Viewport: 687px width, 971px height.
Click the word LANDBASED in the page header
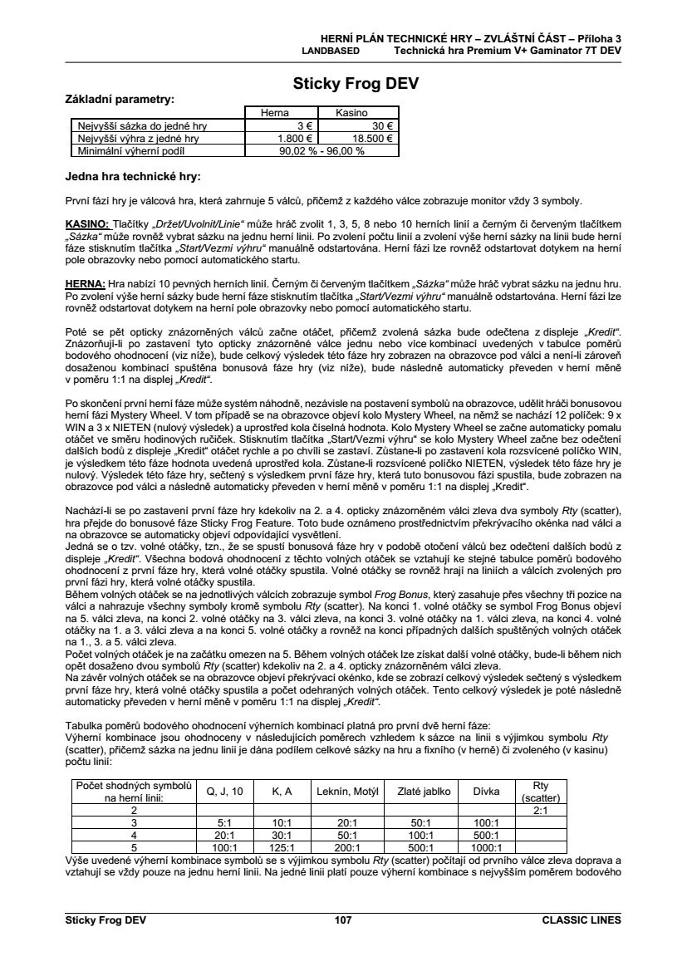coord(330,50)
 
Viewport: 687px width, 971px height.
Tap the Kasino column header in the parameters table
coord(356,112)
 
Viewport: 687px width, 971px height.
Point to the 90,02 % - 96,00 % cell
coord(321,152)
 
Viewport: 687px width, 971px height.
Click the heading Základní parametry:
coord(120,99)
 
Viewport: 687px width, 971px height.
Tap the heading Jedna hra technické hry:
coord(133,176)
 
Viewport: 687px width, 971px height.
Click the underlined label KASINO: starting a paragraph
coord(87,224)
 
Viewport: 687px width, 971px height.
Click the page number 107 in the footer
coord(343,920)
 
